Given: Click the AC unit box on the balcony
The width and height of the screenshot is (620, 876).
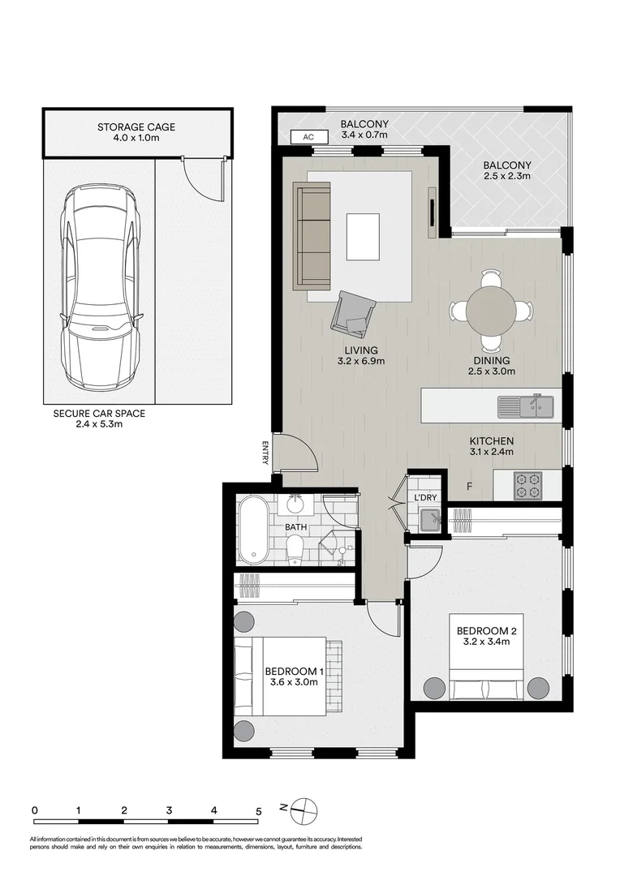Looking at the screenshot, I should coord(308,137).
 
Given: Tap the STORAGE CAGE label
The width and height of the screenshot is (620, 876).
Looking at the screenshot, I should coord(136,127).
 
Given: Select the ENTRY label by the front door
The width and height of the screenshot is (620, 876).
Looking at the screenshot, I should coord(265,452).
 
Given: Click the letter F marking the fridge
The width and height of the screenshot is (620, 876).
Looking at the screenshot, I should coord(469,487).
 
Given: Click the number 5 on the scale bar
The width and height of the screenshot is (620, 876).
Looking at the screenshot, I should coord(258,809).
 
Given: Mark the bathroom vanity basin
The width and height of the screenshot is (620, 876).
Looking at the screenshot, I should coord(294,506).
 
